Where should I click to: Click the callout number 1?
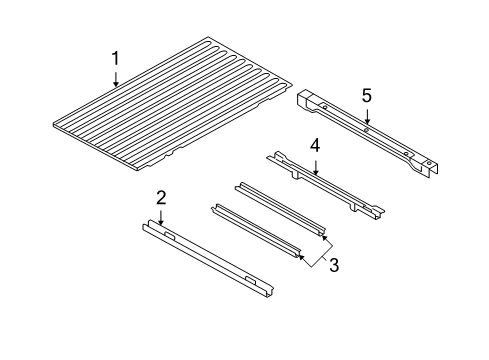pyautogui.click(x=116, y=59)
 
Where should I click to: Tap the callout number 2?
pyautogui.click(x=161, y=198)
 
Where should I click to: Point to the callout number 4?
pyautogui.click(x=314, y=145)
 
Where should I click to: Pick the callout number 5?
pyautogui.click(x=366, y=95)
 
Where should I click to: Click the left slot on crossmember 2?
pyautogui.click(x=171, y=237)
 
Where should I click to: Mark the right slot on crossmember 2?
pyautogui.click(x=250, y=277)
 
